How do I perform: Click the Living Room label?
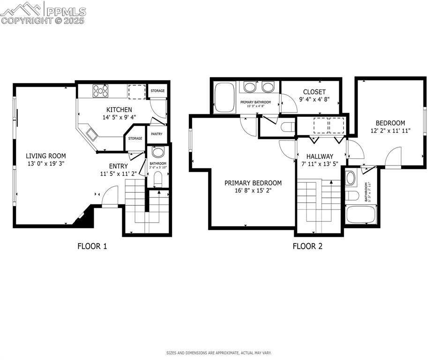point(45,156)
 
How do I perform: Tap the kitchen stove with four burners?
point(100,90)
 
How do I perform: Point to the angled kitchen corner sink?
point(91,135)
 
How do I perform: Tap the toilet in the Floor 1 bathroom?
point(158,178)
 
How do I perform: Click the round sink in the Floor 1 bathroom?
point(158,152)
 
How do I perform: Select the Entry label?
point(118,166)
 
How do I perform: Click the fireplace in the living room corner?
point(83,218)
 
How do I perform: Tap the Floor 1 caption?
point(92,246)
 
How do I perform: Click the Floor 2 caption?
point(307,246)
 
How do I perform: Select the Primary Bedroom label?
point(253,183)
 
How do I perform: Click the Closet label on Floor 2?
point(314,92)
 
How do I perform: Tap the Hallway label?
point(320,156)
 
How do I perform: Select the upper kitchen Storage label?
point(157,90)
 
